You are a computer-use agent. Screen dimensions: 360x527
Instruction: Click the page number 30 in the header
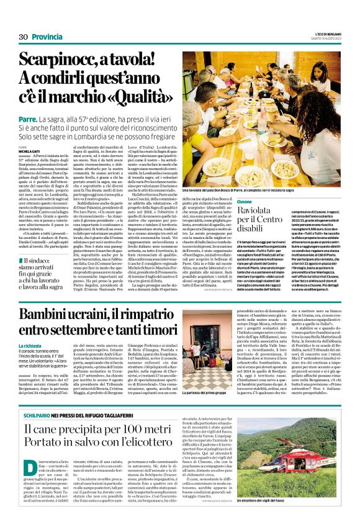click(23, 37)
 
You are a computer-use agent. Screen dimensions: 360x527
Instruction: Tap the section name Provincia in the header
click(48, 37)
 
